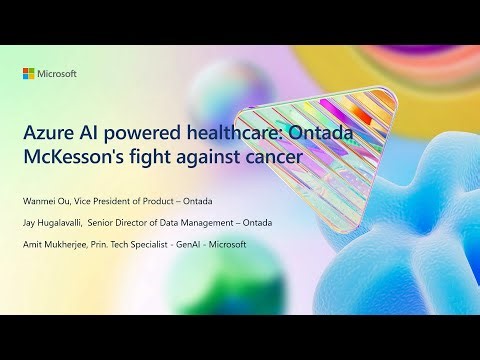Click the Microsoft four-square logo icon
[x=29, y=74]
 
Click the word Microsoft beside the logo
[x=57, y=74]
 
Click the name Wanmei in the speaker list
[x=45, y=200]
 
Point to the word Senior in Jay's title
[x=130, y=223]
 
